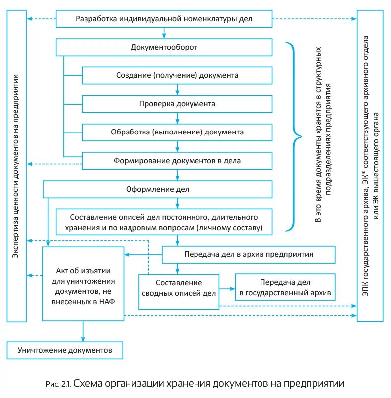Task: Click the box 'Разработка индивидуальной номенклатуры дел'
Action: tap(164, 19)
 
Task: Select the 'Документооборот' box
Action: tap(164, 48)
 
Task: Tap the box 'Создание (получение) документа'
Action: tap(177, 75)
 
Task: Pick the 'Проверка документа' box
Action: tap(177, 104)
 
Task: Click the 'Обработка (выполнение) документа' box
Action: tap(177, 133)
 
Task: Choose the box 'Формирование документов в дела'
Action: tap(177, 161)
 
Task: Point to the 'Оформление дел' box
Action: tap(158, 189)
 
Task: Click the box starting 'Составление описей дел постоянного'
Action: tap(164, 222)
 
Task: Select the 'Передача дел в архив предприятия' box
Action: tap(249, 255)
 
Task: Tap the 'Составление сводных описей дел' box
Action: tap(179, 288)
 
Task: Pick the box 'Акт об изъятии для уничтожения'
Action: tap(83, 283)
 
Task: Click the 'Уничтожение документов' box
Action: tap(65, 350)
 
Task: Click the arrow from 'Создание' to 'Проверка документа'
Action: tap(177, 90)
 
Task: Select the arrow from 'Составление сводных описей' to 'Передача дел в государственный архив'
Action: tap(227, 288)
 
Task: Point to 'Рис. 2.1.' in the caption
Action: tap(59, 384)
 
